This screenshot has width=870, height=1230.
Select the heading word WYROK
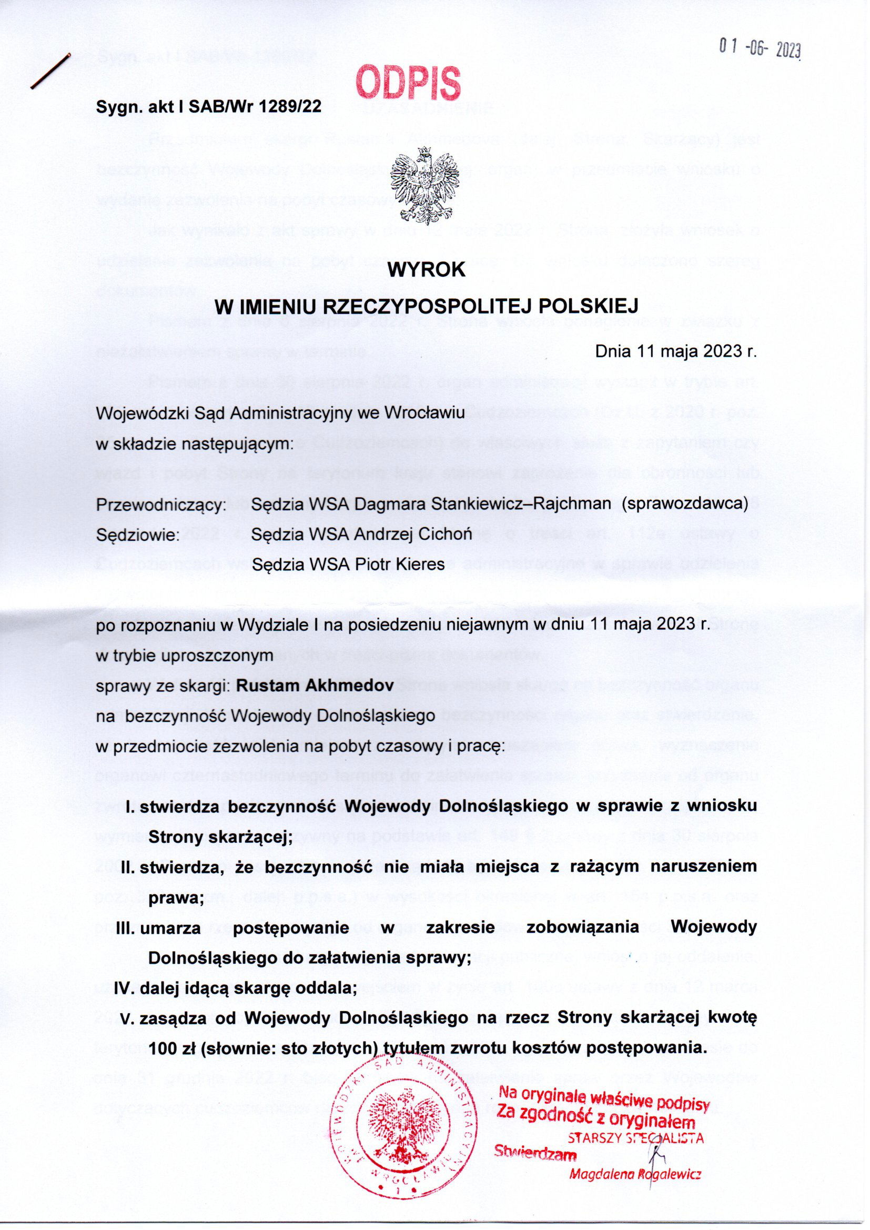tap(427, 269)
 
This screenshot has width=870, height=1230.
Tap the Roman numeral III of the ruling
tap(126, 927)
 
